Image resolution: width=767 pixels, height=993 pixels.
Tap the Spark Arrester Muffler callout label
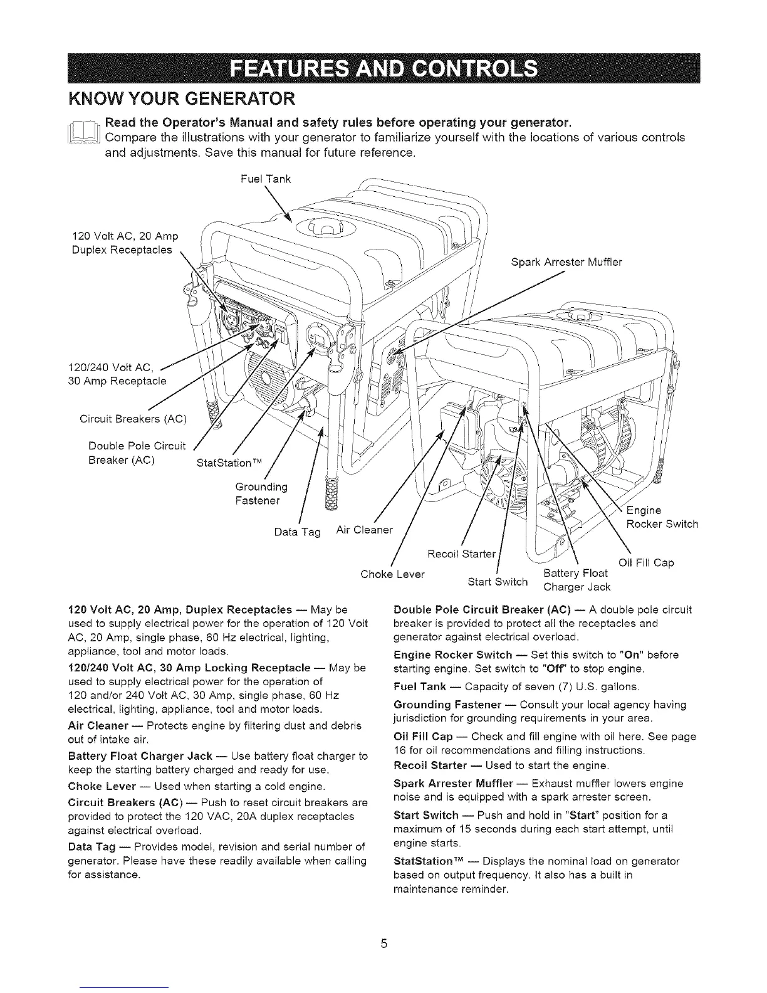coord(566,262)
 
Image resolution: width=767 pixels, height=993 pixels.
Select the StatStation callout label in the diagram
coord(227,463)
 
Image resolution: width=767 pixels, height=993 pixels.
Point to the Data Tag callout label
coord(297,532)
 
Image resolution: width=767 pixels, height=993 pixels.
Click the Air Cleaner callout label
coord(364,530)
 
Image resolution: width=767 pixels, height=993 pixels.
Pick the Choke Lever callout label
coord(393,574)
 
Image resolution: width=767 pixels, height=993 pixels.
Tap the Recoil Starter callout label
coord(461,554)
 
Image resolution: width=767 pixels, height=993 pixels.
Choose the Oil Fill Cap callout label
coord(646,562)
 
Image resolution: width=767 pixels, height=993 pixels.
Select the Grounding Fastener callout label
coord(261,494)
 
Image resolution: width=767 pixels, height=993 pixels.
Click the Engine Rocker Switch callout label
coord(662,517)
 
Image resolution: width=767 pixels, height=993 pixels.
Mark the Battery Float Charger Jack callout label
coord(576,580)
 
